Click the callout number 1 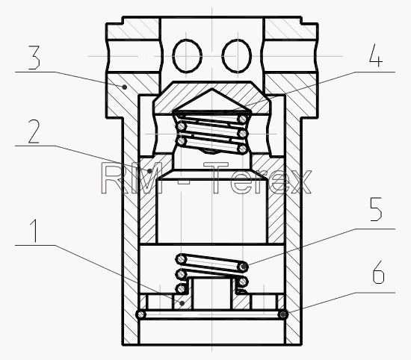click(x=34, y=231)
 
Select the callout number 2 click(x=34, y=131)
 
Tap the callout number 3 click(x=34, y=58)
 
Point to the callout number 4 click(x=376, y=55)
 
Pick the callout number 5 click(x=376, y=209)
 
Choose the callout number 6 click(x=378, y=272)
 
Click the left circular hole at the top click(x=187, y=55)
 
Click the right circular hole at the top click(x=237, y=55)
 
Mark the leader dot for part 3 click(x=125, y=87)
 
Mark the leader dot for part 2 click(x=150, y=171)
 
